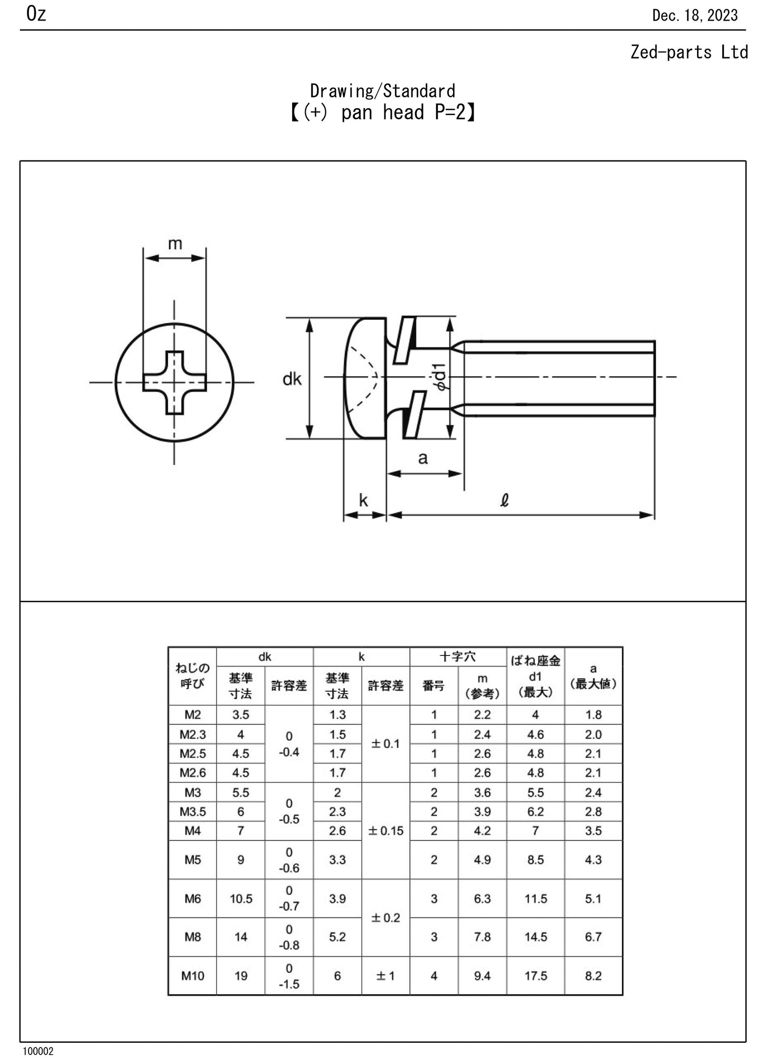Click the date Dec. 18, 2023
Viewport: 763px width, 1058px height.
coord(694,15)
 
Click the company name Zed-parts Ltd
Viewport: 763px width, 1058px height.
coord(689,52)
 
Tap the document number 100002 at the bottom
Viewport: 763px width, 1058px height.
coord(37,1051)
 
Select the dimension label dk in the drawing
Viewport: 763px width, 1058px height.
coord(292,379)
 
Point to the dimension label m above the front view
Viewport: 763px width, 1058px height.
coord(175,244)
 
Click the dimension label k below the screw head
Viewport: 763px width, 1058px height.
coord(363,500)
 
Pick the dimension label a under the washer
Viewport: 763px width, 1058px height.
coord(422,458)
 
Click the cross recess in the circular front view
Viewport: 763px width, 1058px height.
coord(175,383)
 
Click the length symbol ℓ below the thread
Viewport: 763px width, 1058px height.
coord(504,500)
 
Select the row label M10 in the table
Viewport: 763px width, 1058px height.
coord(192,976)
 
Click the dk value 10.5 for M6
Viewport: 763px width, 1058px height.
coord(241,899)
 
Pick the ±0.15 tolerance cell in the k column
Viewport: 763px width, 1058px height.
coord(385,831)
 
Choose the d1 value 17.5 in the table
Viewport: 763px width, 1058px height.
coord(535,976)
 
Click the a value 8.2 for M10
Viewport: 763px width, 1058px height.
coord(593,976)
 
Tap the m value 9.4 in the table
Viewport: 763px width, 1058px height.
coord(482,976)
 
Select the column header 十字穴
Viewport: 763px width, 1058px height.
coord(458,657)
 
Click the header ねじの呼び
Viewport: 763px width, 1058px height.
coord(192,676)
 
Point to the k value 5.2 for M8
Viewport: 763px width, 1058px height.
coord(337,937)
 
